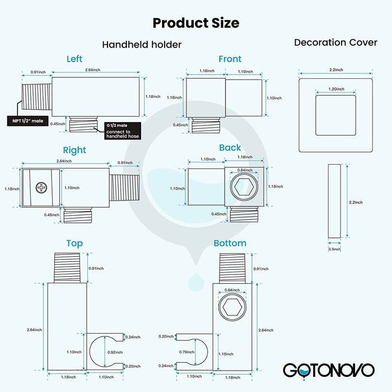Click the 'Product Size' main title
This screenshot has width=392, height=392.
[x=195, y=23]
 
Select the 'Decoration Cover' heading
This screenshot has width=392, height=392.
[x=335, y=43]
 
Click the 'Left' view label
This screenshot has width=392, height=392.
[x=74, y=59]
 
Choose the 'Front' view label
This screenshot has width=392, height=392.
[x=230, y=59]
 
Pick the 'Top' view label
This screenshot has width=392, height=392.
[x=74, y=243]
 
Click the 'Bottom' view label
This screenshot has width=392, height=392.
[x=230, y=243]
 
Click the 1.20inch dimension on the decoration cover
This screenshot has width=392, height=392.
[x=335, y=89]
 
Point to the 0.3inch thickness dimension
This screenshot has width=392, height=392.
[x=334, y=249]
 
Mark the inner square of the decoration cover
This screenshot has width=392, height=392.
[x=335, y=115]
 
